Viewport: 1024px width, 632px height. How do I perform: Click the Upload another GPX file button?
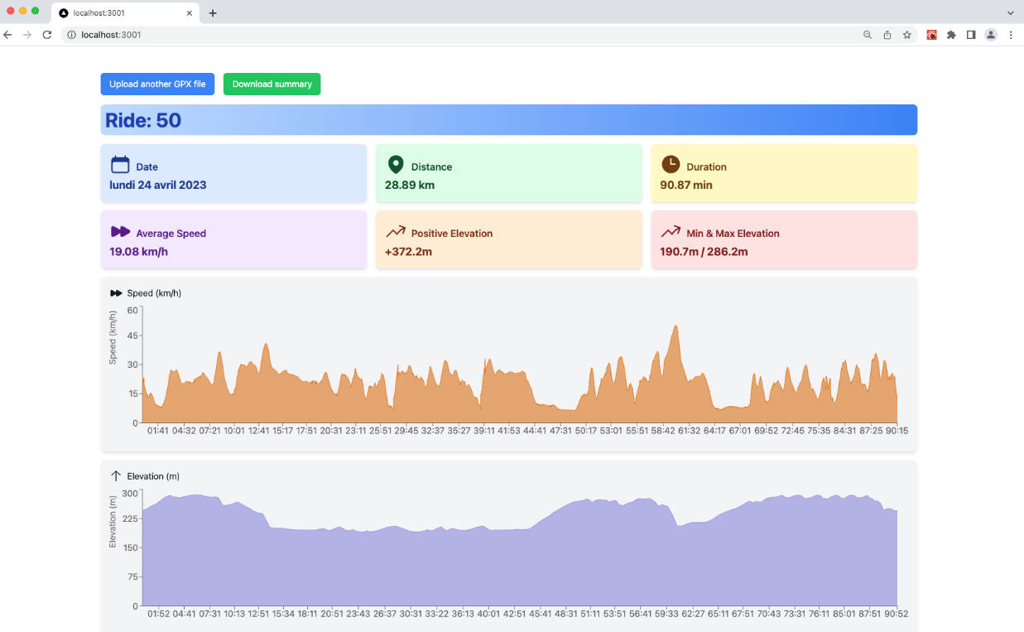(x=157, y=84)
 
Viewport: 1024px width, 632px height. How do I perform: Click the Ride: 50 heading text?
(x=143, y=120)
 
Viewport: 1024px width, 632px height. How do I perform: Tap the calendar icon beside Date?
(x=120, y=164)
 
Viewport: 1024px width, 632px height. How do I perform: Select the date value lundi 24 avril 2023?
(x=158, y=185)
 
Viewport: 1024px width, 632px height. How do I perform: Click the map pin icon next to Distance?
(x=396, y=165)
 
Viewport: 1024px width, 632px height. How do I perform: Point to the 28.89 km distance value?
(x=410, y=185)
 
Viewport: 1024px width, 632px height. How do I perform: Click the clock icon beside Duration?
(x=670, y=164)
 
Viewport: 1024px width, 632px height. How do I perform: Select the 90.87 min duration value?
(x=686, y=185)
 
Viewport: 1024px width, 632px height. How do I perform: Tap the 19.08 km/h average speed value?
(x=138, y=251)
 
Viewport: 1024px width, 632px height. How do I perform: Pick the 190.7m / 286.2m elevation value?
(x=704, y=251)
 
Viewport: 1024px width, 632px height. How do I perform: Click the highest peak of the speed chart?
(x=676, y=326)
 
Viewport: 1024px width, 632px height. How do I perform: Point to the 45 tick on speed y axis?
(x=132, y=335)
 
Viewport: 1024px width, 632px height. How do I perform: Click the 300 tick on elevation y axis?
(x=130, y=493)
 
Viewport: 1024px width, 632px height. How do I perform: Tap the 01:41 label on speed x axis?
(x=158, y=431)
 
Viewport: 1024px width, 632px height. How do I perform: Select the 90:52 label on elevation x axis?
(x=896, y=614)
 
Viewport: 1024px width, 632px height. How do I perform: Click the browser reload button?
(x=47, y=35)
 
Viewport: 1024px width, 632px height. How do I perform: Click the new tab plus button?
(x=213, y=13)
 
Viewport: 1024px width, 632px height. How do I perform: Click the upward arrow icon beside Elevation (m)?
(x=116, y=476)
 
